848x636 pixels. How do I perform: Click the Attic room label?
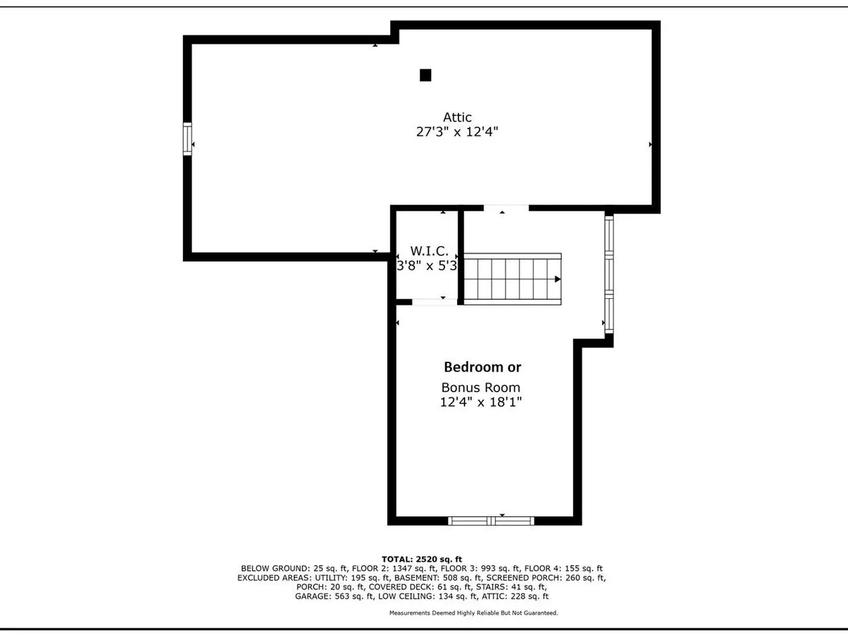(457, 117)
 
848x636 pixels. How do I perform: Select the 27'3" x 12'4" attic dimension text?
(457, 132)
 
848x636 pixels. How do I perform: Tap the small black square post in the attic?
(425, 75)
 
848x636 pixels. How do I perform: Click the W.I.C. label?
(429, 251)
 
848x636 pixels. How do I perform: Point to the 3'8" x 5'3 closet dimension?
(427, 266)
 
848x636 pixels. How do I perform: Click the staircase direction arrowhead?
(557, 279)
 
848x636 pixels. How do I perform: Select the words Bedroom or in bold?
(482, 367)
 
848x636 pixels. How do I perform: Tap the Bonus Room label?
(480, 388)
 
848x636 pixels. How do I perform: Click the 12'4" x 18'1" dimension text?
(480, 402)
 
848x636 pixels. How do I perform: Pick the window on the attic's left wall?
(187, 139)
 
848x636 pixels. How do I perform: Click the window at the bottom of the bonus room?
(491, 521)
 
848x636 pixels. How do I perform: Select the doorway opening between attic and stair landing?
(506, 208)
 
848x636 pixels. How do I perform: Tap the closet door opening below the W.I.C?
(435, 302)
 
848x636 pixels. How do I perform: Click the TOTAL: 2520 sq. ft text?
(422, 559)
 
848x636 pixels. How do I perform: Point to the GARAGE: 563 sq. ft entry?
(334, 596)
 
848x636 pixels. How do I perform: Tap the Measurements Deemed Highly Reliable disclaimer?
(474, 613)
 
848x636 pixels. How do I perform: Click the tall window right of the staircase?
(609, 274)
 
